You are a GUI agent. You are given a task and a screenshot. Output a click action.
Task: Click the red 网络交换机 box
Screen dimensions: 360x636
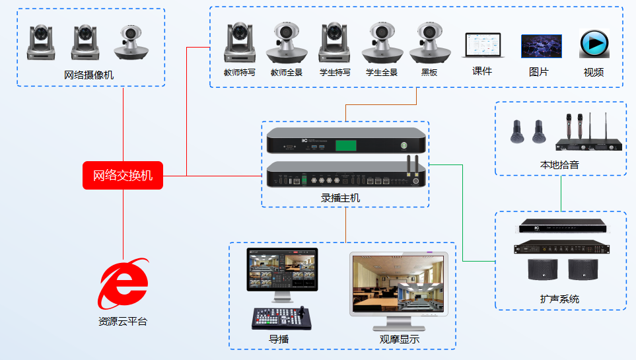click(122, 175)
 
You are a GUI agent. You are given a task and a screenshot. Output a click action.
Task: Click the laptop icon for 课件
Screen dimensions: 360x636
click(482, 46)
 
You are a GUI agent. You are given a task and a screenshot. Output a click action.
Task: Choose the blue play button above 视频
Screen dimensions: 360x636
click(593, 44)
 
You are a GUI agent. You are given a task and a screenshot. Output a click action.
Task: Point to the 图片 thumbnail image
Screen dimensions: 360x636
click(541, 46)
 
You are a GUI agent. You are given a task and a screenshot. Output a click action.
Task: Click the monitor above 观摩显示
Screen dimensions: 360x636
click(398, 285)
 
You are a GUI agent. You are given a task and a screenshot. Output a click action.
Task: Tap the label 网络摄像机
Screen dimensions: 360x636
click(89, 75)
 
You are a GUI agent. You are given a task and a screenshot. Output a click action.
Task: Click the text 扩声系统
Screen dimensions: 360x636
click(559, 299)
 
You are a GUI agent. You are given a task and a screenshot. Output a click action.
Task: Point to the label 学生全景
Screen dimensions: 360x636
click(382, 72)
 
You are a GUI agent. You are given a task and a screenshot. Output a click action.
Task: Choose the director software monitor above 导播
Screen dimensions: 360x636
click(282, 270)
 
